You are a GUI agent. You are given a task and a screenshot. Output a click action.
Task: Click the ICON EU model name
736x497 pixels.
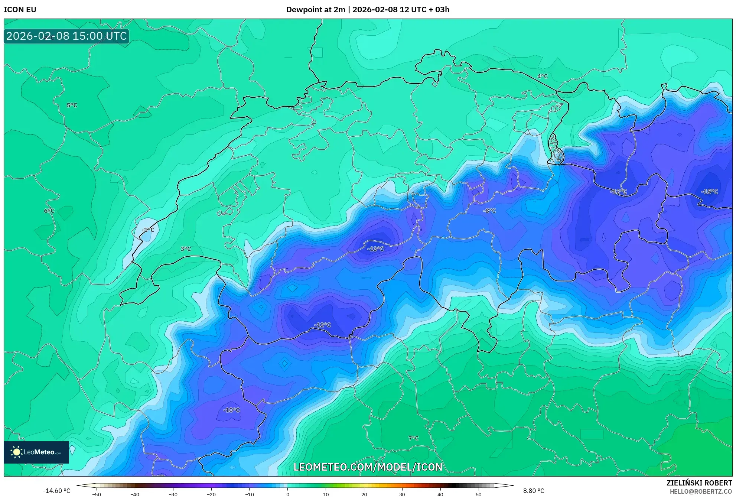(20, 10)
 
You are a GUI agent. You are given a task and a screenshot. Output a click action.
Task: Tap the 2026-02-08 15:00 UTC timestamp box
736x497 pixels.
(66, 36)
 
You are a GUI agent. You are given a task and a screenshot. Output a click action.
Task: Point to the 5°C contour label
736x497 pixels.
(72, 105)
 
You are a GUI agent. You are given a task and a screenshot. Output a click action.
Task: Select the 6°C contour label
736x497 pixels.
(49, 211)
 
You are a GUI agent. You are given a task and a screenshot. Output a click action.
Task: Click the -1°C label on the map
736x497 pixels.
(148, 230)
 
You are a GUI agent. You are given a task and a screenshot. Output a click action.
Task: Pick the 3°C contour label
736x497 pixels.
(186, 249)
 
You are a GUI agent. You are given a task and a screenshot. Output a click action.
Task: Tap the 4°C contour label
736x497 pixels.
(543, 77)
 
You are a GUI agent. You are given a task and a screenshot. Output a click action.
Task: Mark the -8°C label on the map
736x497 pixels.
(489, 211)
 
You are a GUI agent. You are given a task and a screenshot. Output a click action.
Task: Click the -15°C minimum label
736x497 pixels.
(709, 192)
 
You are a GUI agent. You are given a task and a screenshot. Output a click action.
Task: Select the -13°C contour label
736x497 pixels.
(375, 249)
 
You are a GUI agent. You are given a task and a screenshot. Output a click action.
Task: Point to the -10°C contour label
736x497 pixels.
(231, 410)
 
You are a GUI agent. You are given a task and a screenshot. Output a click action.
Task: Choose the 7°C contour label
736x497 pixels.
(413, 439)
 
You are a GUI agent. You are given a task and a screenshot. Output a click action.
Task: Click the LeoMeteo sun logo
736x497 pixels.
(16, 452)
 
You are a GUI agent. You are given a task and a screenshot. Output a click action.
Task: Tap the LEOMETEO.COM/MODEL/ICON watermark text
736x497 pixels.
(368, 467)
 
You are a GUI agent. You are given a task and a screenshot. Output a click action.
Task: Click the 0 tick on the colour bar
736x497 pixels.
(288, 494)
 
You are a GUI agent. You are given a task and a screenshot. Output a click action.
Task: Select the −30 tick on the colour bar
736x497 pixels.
(173, 494)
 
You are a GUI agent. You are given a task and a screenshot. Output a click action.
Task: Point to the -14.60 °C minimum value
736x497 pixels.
(56, 491)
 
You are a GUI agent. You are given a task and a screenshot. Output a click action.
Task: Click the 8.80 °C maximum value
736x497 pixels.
(534, 491)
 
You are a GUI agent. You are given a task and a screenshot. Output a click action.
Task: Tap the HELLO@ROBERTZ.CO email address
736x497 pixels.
(701, 492)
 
